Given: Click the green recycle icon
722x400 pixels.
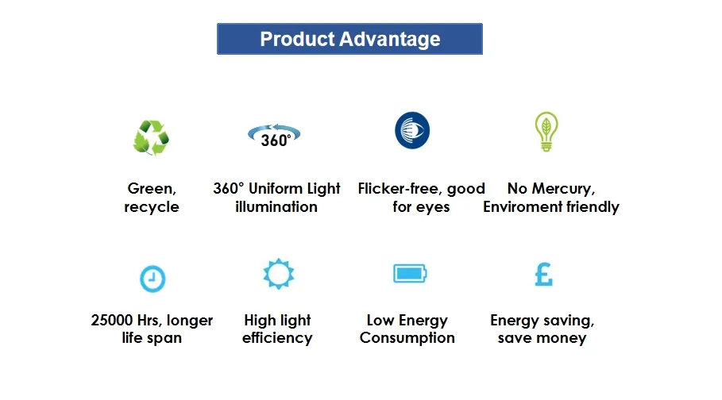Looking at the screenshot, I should (x=151, y=137).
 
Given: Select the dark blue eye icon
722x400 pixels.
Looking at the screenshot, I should (x=412, y=130).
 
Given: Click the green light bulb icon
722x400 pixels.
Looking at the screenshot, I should (x=546, y=132).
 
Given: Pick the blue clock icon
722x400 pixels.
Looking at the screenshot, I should (x=152, y=279).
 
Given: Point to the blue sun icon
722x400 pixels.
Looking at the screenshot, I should (x=278, y=274).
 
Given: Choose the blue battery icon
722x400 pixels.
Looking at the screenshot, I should (x=410, y=274).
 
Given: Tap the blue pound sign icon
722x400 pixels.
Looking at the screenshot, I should (x=543, y=274).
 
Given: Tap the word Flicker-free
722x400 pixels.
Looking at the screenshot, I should (x=400, y=189).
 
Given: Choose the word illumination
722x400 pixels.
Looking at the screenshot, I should (x=276, y=207).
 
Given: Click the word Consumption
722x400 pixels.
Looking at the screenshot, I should (x=407, y=338).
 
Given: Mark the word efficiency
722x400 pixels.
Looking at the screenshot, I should (x=277, y=338).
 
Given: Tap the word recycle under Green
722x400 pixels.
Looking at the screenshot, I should (x=152, y=207).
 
